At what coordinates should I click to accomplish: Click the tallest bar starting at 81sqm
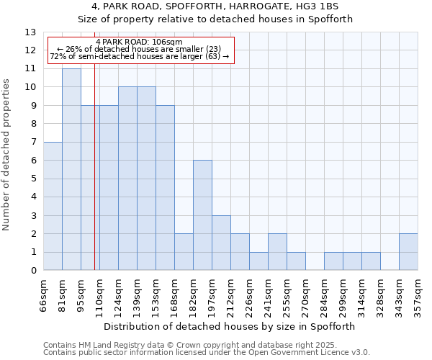[x=71, y=169]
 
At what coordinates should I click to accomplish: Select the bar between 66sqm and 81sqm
[x=53, y=206]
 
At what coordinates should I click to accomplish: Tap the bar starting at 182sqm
[x=202, y=215]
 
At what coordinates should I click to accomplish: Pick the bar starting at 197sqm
[x=221, y=243]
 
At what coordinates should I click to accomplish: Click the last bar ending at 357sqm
[x=408, y=252]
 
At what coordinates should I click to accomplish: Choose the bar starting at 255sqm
[x=296, y=261]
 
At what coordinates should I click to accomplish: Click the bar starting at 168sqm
[x=184, y=252]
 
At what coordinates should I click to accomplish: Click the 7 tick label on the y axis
[x=32, y=143]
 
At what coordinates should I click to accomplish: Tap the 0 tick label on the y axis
[x=32, y=271]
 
